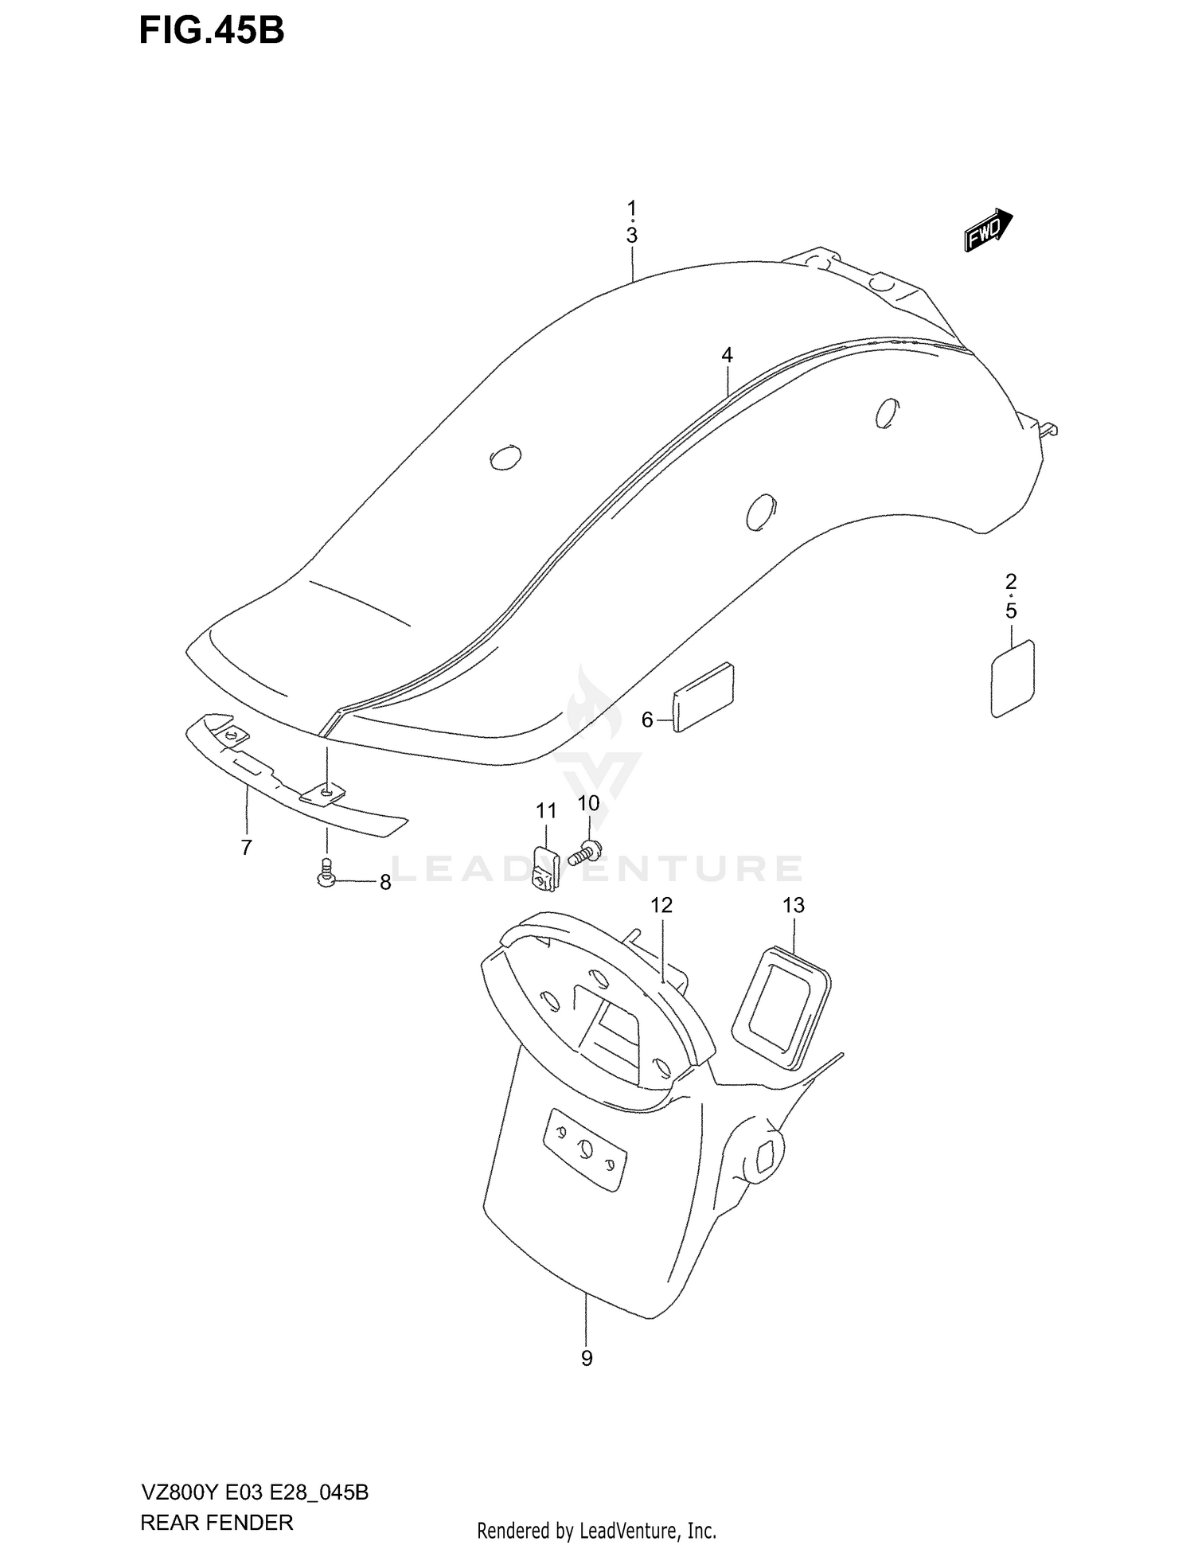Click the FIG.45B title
pos(212,31)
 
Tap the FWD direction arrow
pos(988,230)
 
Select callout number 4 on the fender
pos(727,356)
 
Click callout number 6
pos(647,720)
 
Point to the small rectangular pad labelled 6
pos(704,696)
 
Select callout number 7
pos(246,848)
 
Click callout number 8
pos(385,883)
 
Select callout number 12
pos(661,905)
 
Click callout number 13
pos(794,905)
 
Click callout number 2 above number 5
pos(1011,580)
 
